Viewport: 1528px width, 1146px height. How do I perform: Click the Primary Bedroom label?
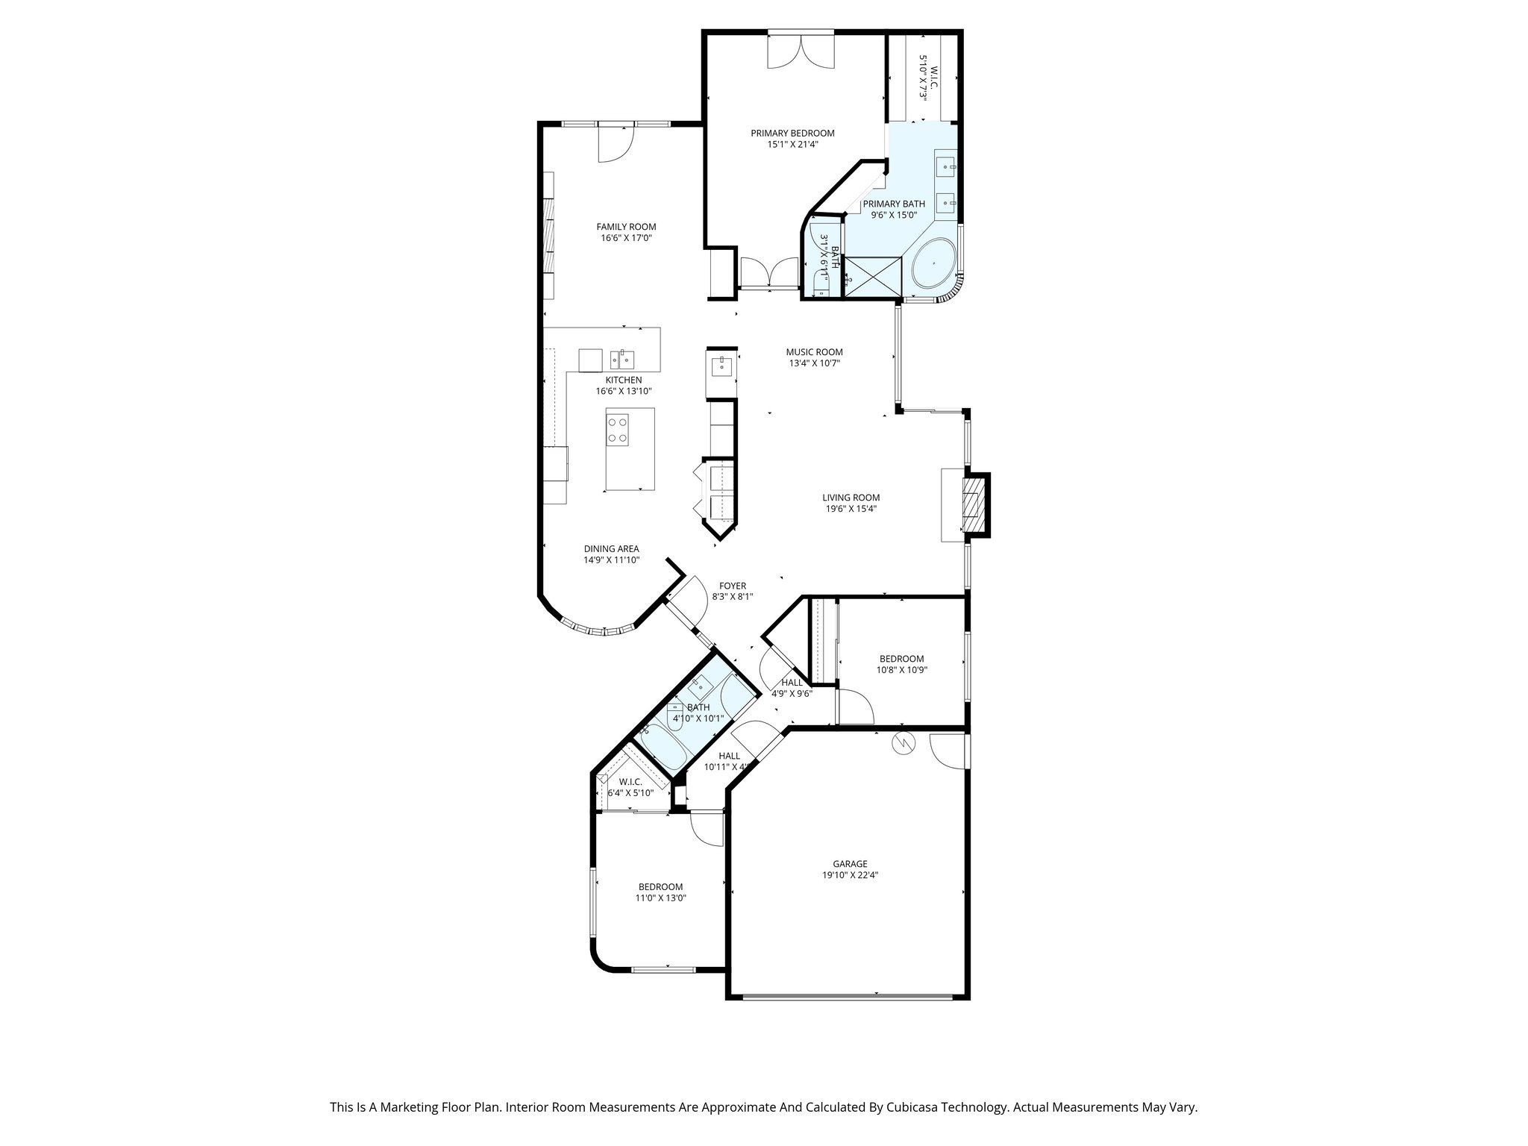[x=792, y=134]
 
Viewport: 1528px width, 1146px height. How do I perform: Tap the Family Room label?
[x=626, y=227]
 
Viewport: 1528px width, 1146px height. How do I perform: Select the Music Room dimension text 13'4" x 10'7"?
[x=815, y=363]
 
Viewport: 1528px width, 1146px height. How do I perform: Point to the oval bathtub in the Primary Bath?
[x=933, y=263]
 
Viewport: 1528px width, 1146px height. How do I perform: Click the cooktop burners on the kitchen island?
[x=618, y=430]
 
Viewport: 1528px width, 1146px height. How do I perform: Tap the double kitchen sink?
[x=621, y=360]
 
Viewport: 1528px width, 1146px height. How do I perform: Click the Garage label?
[x=850, y=864]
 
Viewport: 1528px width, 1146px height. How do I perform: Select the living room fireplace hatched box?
[x=971, y=505]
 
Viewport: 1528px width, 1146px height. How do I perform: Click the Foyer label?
[x=732, y=586]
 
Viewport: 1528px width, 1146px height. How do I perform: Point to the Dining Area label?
[x=611, y=548]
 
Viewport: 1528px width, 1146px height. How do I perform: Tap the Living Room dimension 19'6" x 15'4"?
[x=851, y=509]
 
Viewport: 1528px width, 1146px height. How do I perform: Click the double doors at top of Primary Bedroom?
[x=801, y=51]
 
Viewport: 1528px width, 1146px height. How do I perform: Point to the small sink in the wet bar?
[x=721, y=366]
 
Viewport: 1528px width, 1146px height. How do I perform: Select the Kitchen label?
[x=623, y=380]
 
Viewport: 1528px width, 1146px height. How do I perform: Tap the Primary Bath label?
[x=894, y=204]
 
